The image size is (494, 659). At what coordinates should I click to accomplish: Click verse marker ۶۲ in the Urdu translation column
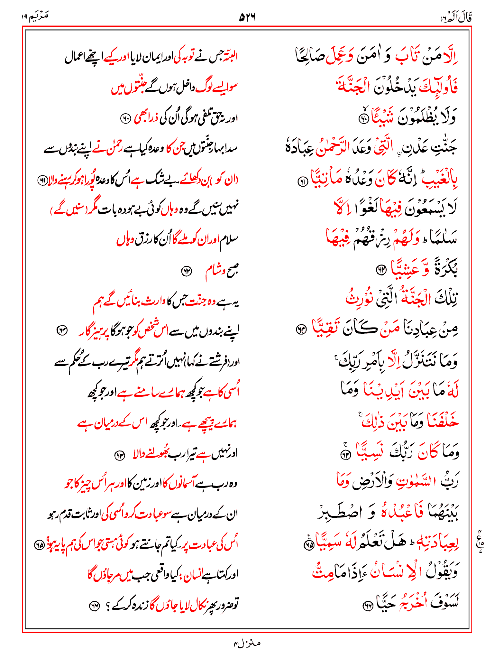click(x=187, y=271)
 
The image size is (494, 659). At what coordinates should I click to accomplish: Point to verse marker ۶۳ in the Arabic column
click(x=301, y=329)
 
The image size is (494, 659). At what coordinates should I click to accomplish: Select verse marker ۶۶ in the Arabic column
click(x=367, y=606)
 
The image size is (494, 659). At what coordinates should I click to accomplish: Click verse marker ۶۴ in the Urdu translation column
click(x=120, y=455)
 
